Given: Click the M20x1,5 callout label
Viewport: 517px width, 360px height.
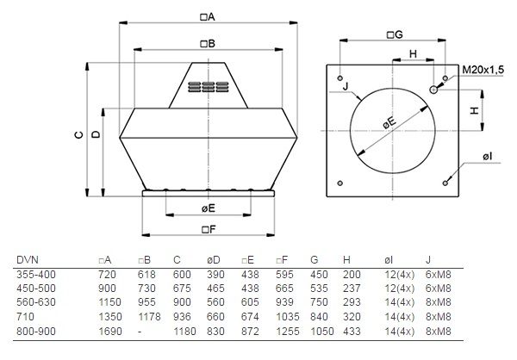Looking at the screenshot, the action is tap(483, 70).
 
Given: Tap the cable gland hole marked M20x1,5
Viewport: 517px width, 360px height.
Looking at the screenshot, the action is tap(433, 90).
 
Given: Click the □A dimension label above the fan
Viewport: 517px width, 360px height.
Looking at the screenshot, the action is tap(208, 17).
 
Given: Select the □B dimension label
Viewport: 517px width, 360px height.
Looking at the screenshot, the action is tap(208, 44).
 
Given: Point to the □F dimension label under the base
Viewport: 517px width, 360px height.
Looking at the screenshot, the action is tap(209, 229).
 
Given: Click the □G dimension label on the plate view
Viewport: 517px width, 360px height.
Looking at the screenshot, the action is tap(395, 34).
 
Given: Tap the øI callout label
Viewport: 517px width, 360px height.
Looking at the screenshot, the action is tap(488, 156).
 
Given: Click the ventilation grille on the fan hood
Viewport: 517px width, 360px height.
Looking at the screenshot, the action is tap(208, 87).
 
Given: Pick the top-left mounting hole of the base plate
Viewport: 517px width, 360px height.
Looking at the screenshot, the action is tap(340, 78).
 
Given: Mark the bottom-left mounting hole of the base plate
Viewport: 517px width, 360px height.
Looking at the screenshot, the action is tap(340, 183).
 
